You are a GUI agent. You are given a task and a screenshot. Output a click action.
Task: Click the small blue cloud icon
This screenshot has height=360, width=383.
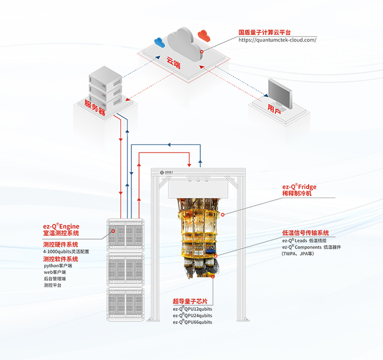pyautogui.click(x=159, y=43)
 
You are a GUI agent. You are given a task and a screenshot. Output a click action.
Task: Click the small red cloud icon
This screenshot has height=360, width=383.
pyautogui.click(x=204, y=35)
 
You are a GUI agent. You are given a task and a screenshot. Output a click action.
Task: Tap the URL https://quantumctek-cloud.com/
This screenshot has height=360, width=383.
pyautogui.click(x=277, y=40)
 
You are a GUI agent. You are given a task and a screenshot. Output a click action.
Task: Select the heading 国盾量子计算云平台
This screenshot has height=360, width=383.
pyautogui.click(x=264, y=32)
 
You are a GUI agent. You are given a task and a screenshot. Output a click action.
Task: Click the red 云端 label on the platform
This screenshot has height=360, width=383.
pyautogui.click(x=173, y=62)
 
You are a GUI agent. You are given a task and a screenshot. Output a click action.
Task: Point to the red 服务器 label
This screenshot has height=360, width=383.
pyautogui.click(x=95, y=107)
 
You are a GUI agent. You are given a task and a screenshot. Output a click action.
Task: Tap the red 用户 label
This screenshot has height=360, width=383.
pyautogui.click(x=274, y=109)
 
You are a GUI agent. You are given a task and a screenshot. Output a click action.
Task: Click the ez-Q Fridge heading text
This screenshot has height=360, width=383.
pyautogui.click(x=299, y=187)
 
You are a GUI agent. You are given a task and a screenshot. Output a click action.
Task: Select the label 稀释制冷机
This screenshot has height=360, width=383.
pyautogui.click(x=297, y=194)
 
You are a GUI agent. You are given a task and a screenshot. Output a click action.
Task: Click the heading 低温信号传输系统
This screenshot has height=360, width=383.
pyautogui.click(x=305, y=233)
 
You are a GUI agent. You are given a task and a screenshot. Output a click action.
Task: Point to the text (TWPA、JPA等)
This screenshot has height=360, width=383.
pyautogui.click(x=298, y=254)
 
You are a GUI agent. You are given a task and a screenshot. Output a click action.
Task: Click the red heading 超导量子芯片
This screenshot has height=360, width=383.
pyautogui.click(x=190, y=301)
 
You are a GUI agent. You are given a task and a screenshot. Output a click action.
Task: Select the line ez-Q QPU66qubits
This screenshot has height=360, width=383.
pyautogui.click(x=193, y=322)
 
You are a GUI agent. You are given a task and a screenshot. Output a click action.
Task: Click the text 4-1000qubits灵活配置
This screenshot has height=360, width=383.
pyautogui.click(x=66, y=252)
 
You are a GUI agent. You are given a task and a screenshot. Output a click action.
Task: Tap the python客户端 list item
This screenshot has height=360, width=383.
pyautogui.click(x=58, y=266)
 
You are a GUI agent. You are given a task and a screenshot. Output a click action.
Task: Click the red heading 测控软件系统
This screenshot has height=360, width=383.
pyautogui.click(x=61, y=259)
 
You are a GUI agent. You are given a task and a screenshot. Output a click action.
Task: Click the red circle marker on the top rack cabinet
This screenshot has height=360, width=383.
pyautogui.click(x=113, y=231)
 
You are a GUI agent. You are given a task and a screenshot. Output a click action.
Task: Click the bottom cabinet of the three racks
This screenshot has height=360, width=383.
pyautogui.click(x=125, y=304)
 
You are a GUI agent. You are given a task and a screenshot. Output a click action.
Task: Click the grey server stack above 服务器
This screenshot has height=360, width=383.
pyautogui.click(x=105, y=88)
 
